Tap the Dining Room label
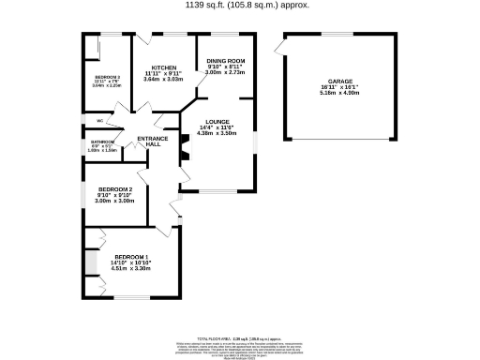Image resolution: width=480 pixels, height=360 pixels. (x=225, y=61)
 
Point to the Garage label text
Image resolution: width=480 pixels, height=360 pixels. (x=327, y=82)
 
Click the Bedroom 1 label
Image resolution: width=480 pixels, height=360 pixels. (x=131, y=257)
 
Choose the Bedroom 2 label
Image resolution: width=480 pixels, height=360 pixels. (x=116, y=188)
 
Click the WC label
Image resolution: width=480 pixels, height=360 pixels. (x=98, y=122)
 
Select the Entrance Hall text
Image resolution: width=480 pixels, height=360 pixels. (x=153, y=143)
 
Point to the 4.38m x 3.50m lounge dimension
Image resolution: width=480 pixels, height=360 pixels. (x=222, y=133)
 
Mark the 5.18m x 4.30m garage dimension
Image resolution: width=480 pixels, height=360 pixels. (x=327, y=93)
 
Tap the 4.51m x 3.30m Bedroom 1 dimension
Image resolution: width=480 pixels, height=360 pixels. (x=131, y=269)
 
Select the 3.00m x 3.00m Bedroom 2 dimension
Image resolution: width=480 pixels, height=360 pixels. (x=116, y=201)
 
